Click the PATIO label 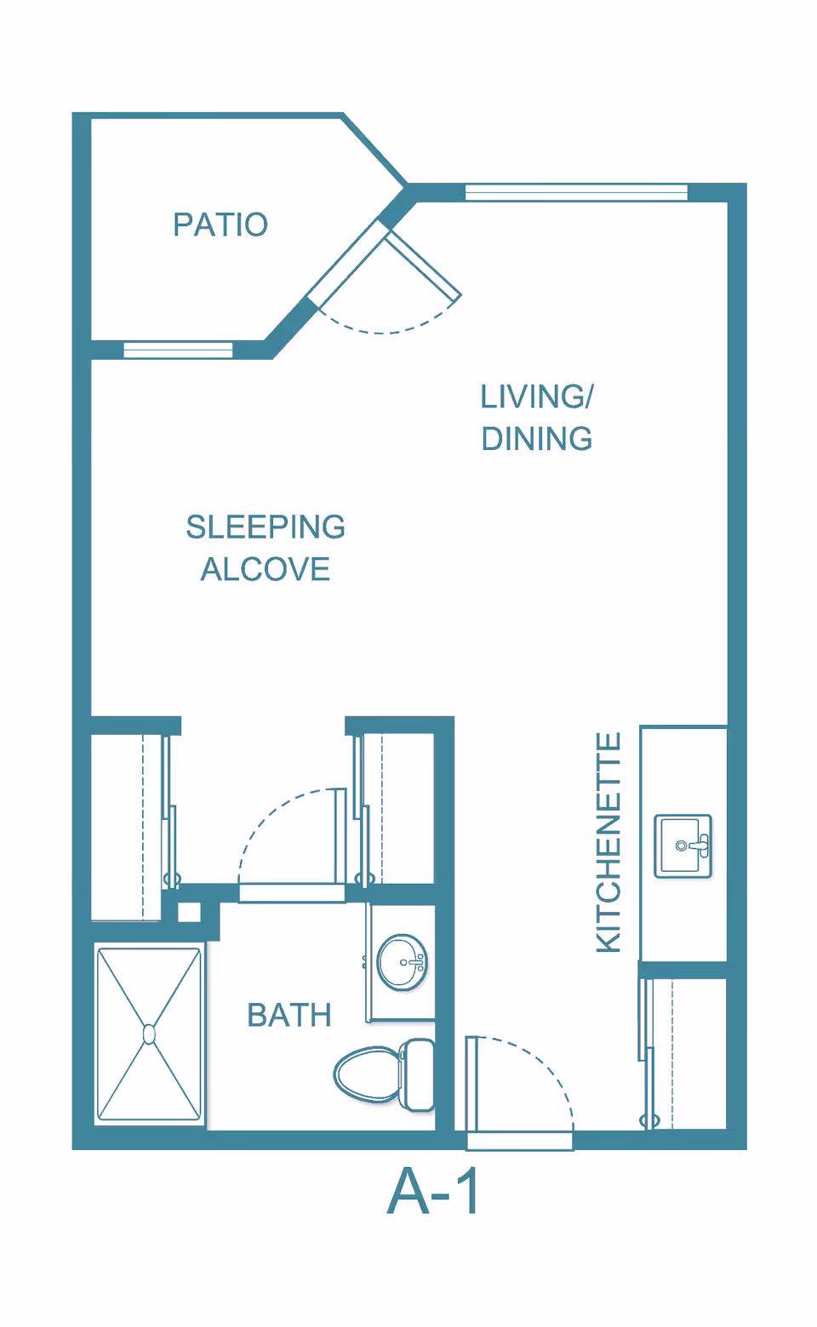pyautogui.click(x=220, y=225)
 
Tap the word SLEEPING pyautogui.click(x=266, y=527)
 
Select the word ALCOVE pyautogui.click(x=265, y=569)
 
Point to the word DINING pyautogui.click(x=536, y=439)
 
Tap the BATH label pyautogui.click(x=289, y=1015)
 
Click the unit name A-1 pyautogui.click(x=432, y=1192)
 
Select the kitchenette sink pyautogui.click(x=683, y=846)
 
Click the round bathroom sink pyautogui.click(x=403, y=963)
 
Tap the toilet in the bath pyautogui.click(x=384, y=1074)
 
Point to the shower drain pyautogui.click(x=150, y=1034)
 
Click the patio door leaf pyautogui.click(x=424, y=265)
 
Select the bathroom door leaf pyautogui.click(x=340, y=836)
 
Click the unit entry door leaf pyautogui.click(x=471, y=1085)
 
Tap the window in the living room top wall pyautogui.click(x=576, y=192)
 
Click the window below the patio pyautogui.click(x=178, y=350)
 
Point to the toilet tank pyautogui.click(x=417, y=1074)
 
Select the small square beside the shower pyautogui.click(x=189, y=912)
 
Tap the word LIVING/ pyautogui.click(x=536, y=396)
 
